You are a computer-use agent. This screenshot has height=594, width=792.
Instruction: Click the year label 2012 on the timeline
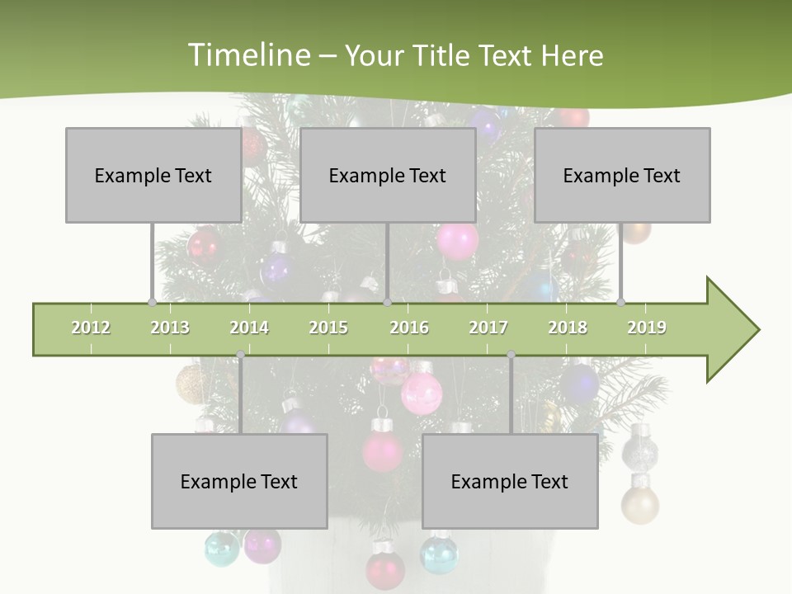pos(91,328)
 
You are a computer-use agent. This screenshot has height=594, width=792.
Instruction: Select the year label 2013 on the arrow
pos(170,328)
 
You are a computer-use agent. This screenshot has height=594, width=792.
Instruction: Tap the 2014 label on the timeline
pos(249,328)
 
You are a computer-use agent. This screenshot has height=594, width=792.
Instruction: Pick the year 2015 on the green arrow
pos(328,328)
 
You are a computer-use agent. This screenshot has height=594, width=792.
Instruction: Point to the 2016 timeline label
pos(409,328)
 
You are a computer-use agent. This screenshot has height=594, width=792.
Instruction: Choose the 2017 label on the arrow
pos(488,328)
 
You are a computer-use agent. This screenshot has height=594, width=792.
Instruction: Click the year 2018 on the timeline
pos(568,328)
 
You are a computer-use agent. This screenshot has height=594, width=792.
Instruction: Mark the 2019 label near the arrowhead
pos(647,328)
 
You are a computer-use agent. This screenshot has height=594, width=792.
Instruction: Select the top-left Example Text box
pos(153,175)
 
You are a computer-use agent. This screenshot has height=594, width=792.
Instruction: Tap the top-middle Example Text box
pos(388,175)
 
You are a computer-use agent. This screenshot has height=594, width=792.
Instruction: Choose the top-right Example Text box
pos(622,175)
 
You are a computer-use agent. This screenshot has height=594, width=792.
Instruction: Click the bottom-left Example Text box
pos(239,481)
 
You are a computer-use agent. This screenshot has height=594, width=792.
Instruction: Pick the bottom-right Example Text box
pos(510,481)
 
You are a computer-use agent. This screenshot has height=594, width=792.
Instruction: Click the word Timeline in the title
pos(247,55)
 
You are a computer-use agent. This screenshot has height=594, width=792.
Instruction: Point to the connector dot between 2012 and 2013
pos(152,302)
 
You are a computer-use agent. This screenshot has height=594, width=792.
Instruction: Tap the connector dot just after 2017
pos(511,355)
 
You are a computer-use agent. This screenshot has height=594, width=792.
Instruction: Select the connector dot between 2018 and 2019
pos(620,302)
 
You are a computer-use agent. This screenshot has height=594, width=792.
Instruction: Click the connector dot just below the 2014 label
pos(240,355)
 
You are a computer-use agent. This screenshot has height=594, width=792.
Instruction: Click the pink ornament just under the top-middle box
pos(457,241)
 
